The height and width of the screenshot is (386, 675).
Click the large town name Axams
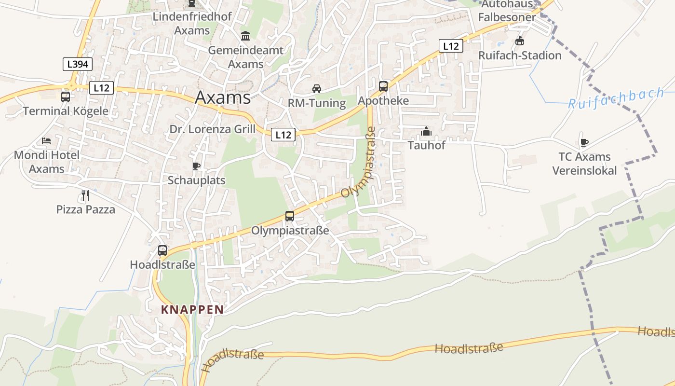click(223, 97)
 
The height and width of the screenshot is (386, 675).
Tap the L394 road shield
click(78, 64)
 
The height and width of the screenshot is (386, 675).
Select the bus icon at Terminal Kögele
click(66, 96)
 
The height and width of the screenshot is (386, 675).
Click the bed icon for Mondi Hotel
click(46, 141)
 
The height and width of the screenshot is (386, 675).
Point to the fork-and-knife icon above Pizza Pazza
click(85, 195)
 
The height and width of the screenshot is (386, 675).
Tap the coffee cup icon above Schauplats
click(196, 166)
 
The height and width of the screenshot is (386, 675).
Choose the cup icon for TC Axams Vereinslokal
click(584, 142)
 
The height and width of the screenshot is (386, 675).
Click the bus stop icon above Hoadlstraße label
click(162, 250)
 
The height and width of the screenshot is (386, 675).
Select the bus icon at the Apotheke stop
click(383, 86)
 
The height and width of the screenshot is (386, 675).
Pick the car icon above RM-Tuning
click(316, 88)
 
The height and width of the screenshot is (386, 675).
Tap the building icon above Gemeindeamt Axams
click(245, 36)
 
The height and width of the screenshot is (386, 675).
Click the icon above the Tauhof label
click(426, 131)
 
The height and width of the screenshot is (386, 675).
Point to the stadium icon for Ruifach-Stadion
click(520, 41)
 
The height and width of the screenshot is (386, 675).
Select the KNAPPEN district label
click(192, 310)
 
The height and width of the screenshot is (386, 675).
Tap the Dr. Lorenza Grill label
click(213, 129)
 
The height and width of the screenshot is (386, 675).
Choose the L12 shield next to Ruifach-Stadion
click(451, 46)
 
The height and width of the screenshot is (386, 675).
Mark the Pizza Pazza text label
click(86, 209)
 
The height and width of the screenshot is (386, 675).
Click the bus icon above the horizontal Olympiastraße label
click(289, 216)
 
